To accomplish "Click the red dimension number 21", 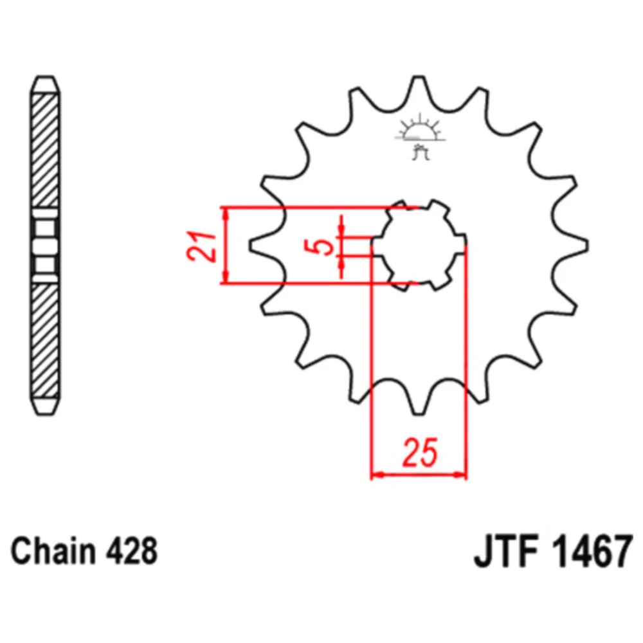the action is click(x=201, y=246).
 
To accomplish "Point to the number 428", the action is click(x=132, y=551).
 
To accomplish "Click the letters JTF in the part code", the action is click(x=507, y=551).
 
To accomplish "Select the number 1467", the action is click(x=591, y=551).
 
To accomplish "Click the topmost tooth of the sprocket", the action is click(x=419, y=88).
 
